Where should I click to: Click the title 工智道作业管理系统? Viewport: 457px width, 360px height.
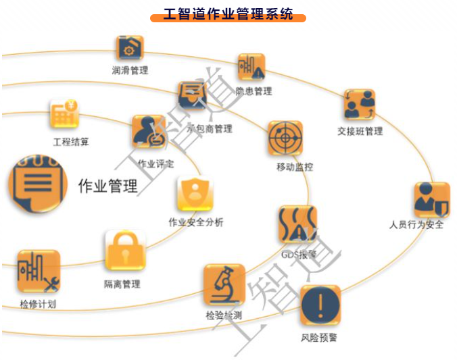click(228, 14)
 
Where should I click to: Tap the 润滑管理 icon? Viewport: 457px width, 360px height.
click(129, 49)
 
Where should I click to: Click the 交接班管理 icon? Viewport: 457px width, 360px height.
click(360, 105)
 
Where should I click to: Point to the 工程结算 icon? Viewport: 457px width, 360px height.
click(65, 115)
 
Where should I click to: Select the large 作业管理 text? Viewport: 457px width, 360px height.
click(108, 186)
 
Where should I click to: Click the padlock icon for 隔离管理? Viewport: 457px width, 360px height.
click(125, 251)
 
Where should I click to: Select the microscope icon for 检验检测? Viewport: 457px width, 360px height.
click(224, 285)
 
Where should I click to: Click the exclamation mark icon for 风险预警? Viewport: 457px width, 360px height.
click(319, 306)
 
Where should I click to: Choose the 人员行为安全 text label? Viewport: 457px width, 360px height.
click(416, 225)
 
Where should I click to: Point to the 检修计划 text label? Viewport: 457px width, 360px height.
click(38, 304)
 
